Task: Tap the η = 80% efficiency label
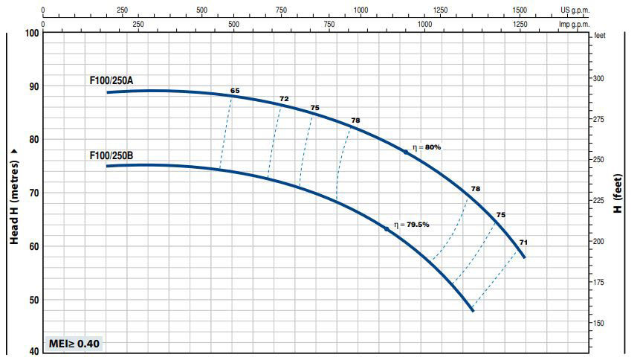(427, 147)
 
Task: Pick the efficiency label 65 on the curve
(235, 91)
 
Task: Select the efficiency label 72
(284, 99)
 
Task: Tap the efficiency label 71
(523, 242)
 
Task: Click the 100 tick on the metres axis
(31, 33)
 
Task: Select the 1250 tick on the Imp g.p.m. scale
(520, 24)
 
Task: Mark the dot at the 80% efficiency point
(406, 151)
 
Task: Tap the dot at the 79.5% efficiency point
(387, 228)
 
